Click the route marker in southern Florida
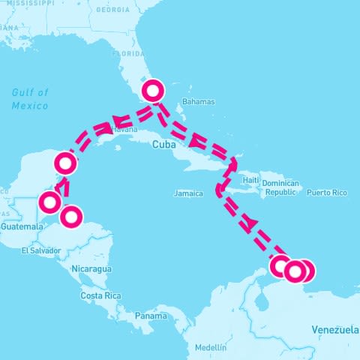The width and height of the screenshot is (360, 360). [152, 91]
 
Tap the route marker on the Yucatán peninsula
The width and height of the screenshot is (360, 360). [66, 162]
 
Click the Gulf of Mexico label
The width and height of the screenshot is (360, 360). [30, 99]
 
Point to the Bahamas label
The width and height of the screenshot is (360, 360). [199, 102]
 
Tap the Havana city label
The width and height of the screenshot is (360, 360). [124, 129]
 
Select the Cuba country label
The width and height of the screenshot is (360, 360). [163, 145]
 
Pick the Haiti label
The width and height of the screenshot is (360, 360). [250, 181]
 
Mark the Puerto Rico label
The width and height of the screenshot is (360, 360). [327, 193]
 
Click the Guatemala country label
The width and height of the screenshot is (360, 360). [22, 226]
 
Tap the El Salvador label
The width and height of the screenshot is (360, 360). [39, 250]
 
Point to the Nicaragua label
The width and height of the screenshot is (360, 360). [91, 268]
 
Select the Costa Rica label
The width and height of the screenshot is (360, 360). [101, 296]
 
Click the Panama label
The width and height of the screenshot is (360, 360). [151, 316]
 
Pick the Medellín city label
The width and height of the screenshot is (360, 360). [209, 348]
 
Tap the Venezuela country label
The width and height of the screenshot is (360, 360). [334, 330]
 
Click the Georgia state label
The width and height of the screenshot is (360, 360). [113, 10]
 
